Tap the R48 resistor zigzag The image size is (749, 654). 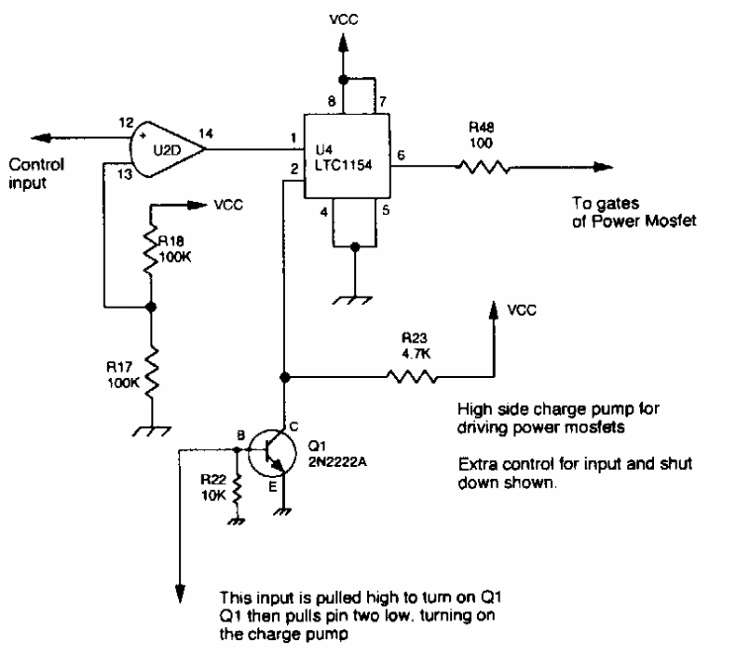pos(484,167)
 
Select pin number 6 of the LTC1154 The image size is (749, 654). pos(400,154)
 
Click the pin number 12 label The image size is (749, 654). pos(124,123)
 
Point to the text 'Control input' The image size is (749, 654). pos(38,172)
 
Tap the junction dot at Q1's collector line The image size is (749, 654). pos(285,377)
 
